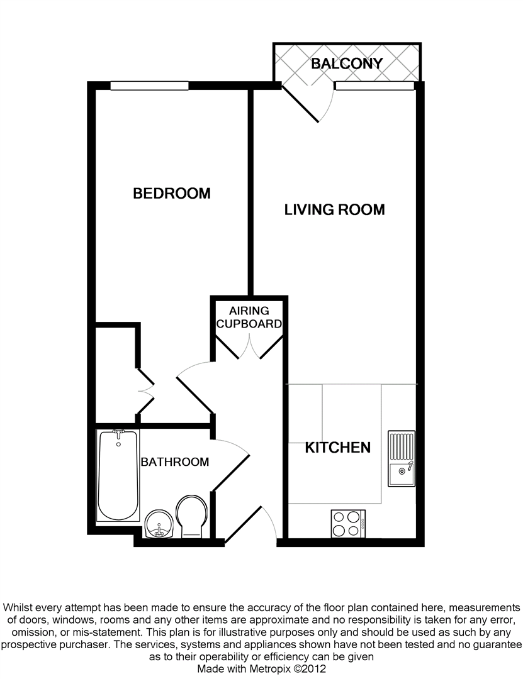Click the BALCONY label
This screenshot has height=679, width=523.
point(347,63)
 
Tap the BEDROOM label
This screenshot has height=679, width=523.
point(172,193)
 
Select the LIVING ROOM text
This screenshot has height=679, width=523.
point(334,209)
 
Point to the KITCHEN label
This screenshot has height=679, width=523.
point(338,448)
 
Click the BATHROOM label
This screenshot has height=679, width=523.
point(175,462)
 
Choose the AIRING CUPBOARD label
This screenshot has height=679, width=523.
point(249,317)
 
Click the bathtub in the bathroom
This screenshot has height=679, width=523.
point(118,475)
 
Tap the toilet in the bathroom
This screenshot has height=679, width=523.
point(192,516)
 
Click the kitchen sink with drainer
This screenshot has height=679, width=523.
point(401,458)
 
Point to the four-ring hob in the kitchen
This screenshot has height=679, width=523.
point(348,524)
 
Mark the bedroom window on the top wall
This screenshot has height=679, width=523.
point(150,86)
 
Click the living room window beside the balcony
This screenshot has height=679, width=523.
point(375,86)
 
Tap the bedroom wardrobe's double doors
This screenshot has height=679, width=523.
point(146,391)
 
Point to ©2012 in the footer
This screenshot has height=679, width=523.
point(310,668)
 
